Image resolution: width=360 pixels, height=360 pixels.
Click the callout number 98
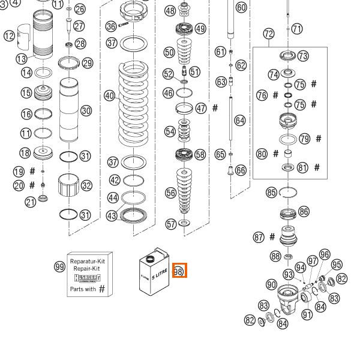(179, 271)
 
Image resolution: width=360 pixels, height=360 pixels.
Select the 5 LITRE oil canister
(153, 274)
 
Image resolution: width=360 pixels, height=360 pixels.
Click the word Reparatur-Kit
(88, 262)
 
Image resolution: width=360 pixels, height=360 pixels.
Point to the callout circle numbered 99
(59, 267)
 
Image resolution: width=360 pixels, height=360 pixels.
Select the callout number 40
(109, 95)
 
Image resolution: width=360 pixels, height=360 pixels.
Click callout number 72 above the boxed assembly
(268, 34)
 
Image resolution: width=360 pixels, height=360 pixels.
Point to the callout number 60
(241, 8)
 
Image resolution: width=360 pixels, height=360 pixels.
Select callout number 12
(9, 36)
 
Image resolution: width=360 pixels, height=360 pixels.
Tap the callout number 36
(111, 26)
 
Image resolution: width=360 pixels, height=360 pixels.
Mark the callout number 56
(171, 193)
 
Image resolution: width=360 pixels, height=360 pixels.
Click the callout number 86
(304, 212)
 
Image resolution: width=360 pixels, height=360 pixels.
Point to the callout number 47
(200, 109)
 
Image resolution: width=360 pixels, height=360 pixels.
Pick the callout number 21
(31, 202)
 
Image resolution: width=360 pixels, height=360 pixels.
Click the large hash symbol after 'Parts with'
(102, 289)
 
